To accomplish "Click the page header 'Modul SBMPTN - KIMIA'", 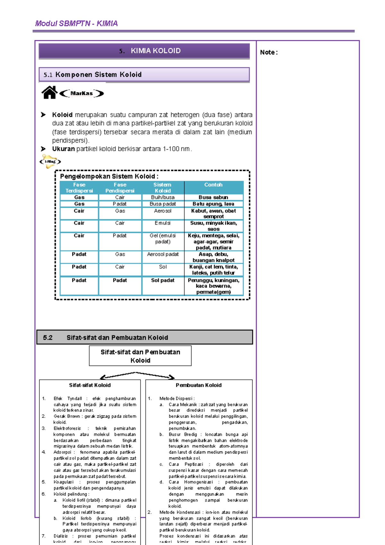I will click(76, 23).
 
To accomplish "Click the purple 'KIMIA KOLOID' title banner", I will click(144, 51).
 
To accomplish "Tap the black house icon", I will click(49, 93).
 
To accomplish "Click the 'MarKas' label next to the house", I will click(81, 93).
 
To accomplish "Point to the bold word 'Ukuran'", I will click(63, 149).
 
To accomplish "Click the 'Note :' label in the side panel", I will click(269, 52).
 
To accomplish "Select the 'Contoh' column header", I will click(213, 185).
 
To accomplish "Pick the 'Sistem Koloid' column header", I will click(162, 187).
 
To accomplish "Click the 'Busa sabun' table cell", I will click(213, 197).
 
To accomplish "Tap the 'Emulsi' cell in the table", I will click(163, 223).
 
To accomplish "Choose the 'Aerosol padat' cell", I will click(163, 254).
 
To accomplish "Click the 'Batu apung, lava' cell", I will click(213, 204).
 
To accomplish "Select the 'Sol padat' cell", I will click(163, 280).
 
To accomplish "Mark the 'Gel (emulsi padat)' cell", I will click(163, 238).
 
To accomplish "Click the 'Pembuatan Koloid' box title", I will click(199, 385).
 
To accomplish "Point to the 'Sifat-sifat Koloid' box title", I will click(90, 385).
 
